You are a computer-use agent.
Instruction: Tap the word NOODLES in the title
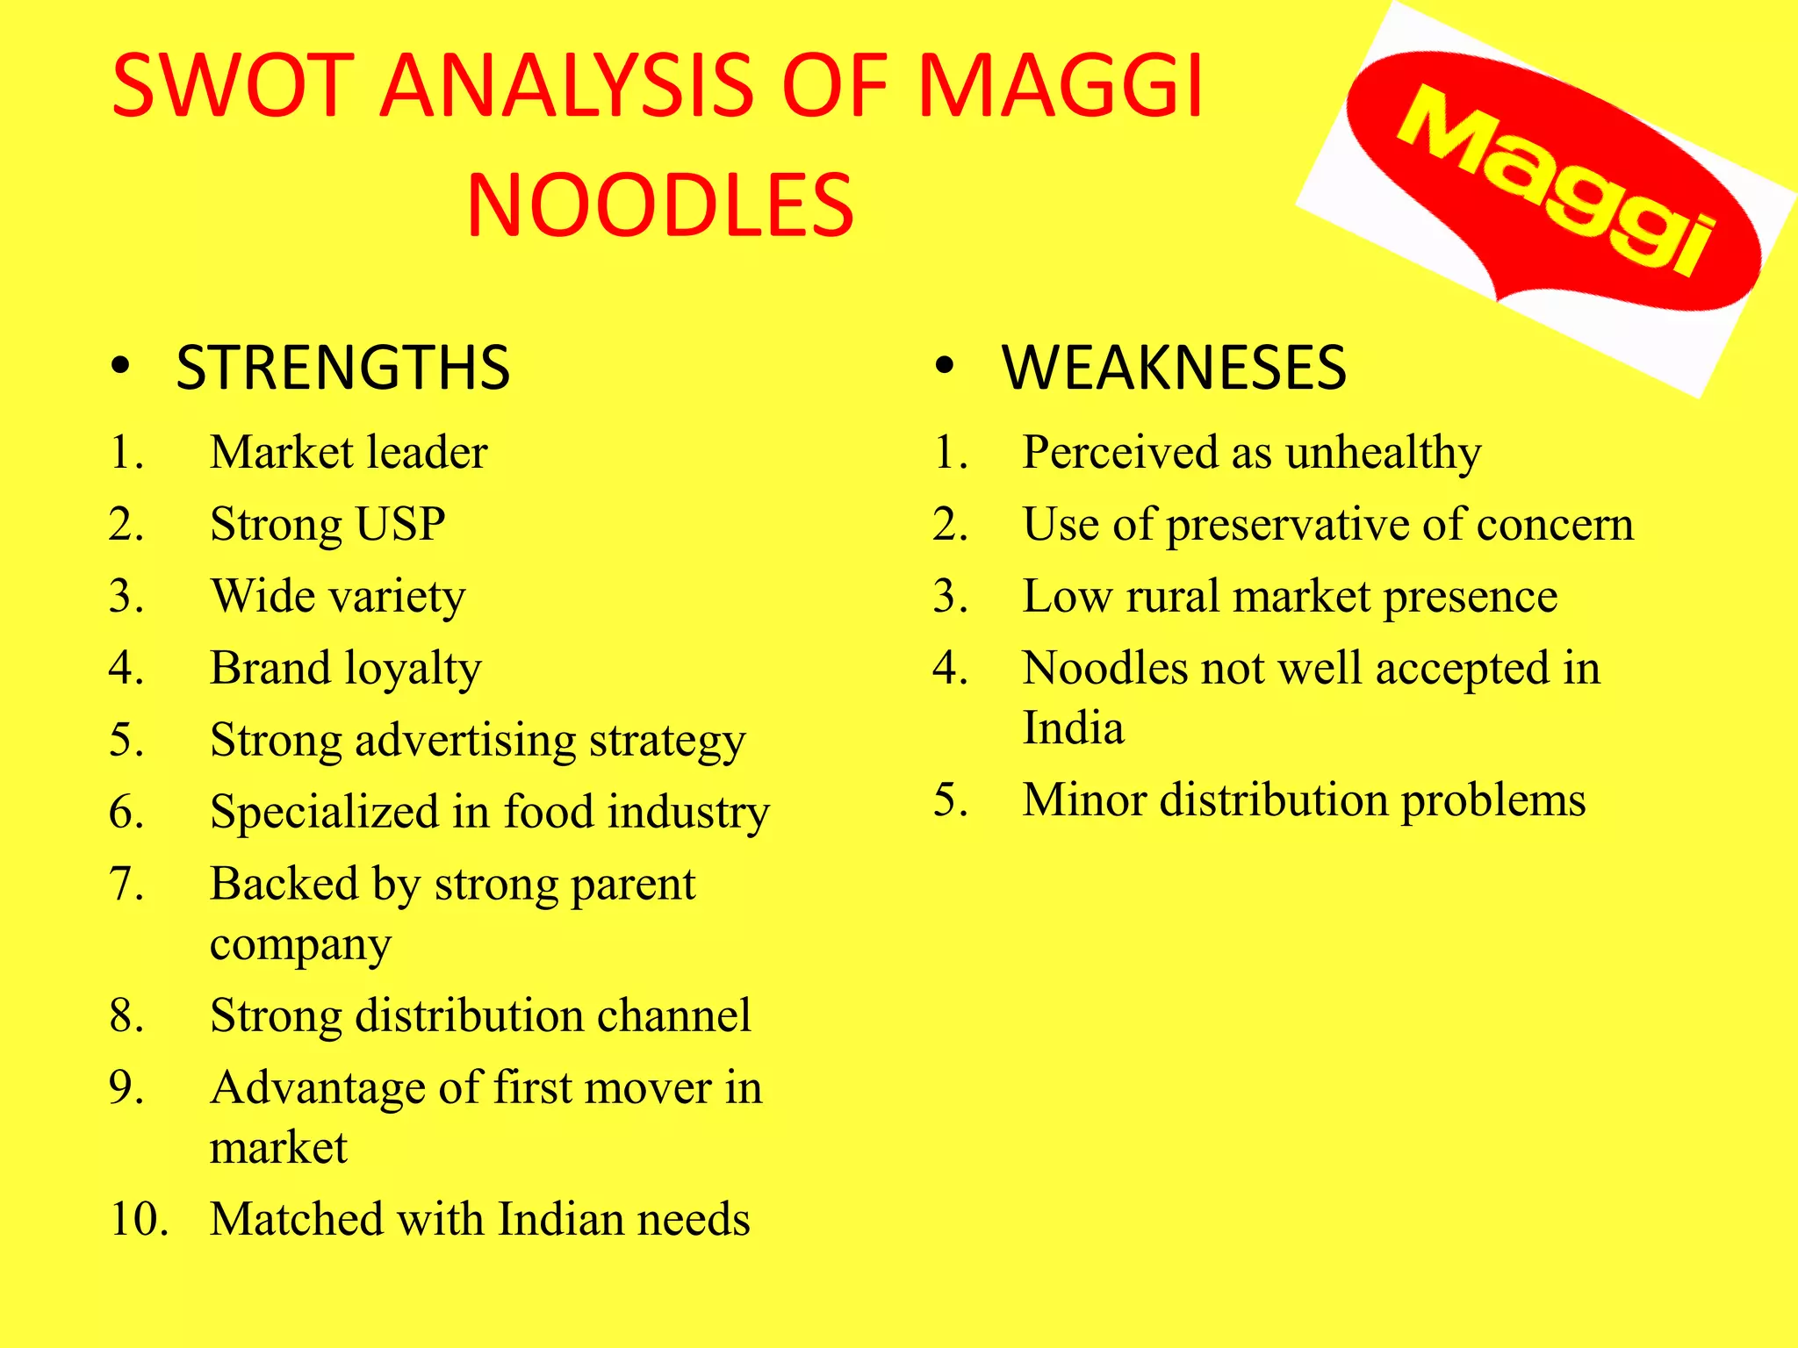coord(660,207)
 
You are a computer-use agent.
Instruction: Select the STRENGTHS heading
coord(342,368)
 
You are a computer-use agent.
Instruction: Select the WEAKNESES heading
coord(1174,368)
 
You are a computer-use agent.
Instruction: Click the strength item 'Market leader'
coord(349,453)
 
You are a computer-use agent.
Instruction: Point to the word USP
coord(400,525)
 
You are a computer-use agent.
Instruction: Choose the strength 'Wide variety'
coord(338,597)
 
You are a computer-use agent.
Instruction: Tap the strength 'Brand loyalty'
coord(346,669)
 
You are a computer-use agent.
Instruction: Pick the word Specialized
coord(324,813)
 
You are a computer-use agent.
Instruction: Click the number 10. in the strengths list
coord(139,1220)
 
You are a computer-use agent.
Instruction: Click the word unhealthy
coord(1383,453)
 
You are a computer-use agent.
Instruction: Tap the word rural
coord(1172,597)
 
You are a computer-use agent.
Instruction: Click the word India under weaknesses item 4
coord(1073,728)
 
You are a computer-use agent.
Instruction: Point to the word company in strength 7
coord(300,946)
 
